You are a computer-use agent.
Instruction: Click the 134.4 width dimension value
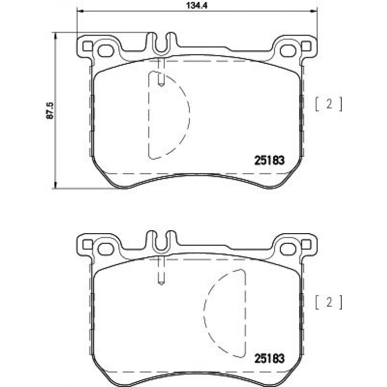click(x=196, y=5)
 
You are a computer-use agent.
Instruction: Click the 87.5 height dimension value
click(x=50, y=111)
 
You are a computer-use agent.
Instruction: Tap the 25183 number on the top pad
click(x=269, y=161)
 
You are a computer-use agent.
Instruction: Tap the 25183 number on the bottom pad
click(x=269, y=359)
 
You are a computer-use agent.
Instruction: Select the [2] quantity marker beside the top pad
click(x=329, y=104)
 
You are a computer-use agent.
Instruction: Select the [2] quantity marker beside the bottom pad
click(x=329, y=302)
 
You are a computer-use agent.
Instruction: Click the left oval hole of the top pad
click(x=106, y=51)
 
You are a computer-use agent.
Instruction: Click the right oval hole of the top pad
click(x=288, y=50)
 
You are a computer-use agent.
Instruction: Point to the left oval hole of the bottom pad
click(x=106, y=249)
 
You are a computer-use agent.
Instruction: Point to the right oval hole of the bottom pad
click(x=288, y=249)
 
